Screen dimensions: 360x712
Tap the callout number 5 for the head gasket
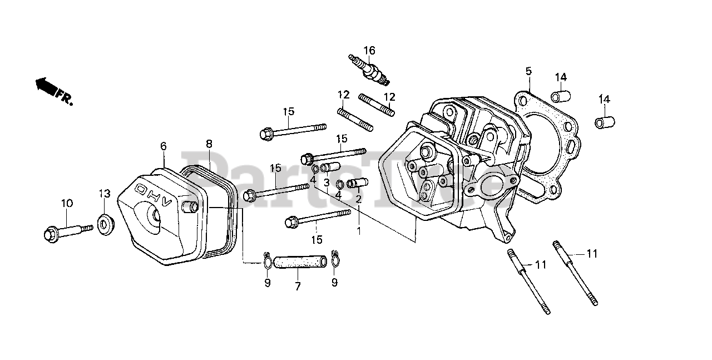click(528, 71)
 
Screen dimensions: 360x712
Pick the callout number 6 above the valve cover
click(164, 146)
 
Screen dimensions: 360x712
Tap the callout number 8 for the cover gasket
click(209, 144)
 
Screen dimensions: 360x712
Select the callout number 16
click(369, 50)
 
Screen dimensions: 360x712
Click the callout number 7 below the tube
click(298, 286)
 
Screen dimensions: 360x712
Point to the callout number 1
click(359, 230)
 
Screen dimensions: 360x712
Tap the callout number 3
click(327, 182)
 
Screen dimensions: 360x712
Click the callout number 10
click(67, 204)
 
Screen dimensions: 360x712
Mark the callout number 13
click(105, 193)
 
